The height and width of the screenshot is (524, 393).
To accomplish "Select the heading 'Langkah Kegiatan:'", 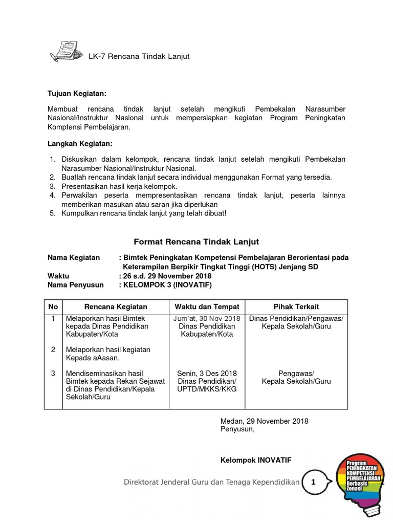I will click(x=80, y=144).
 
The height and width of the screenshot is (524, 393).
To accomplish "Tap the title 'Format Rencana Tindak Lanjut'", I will click(x=196, y=242).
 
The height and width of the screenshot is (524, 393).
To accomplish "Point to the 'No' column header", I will click(x=53, y=307).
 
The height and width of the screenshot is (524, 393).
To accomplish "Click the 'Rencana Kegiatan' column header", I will click(x=116, y=307).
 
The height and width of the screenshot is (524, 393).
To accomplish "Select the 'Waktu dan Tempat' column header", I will click(x=207, y=307).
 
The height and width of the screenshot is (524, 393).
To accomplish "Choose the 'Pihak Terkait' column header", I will click(x=296, y=307).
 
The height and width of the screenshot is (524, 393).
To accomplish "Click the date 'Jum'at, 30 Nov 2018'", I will click(x=207, y=319).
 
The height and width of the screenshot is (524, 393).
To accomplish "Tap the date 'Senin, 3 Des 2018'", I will click(x=207, y=373).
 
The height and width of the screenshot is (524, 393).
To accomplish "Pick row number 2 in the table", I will click(x=53, y=350).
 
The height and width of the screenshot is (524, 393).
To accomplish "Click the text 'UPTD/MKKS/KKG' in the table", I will click(x=207, y=389).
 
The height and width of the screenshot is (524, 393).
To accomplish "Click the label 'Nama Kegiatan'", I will click(x=74, y=257).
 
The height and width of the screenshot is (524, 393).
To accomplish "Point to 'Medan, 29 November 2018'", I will click(x=264, y=421).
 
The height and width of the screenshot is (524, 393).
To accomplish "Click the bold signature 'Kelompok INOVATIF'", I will click(x=255, y=461).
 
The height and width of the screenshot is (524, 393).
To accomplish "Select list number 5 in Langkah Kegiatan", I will click(x=53, y=213).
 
